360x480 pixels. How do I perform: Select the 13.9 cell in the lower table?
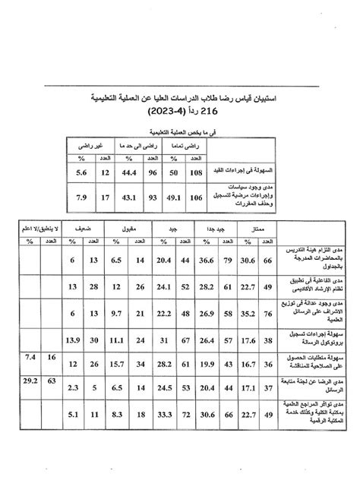click(71, 339)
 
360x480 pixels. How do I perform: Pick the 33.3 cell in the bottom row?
click(163, 415)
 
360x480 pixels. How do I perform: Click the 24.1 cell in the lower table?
click(163, 286)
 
